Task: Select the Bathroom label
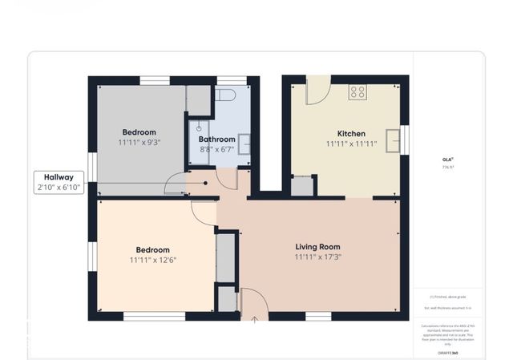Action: click(216, 139)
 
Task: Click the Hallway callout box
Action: click(59, 182)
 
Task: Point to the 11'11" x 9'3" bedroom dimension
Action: click(139, 143)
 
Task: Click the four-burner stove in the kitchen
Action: click(357, 91)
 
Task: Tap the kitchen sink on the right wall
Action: click(393, 140)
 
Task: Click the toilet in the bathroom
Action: click(225, 95)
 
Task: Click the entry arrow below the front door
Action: click(255, 319)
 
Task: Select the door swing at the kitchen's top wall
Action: click(317, 89)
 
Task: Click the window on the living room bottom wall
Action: click(318, 316)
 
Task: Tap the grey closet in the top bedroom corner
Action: click(198, 99)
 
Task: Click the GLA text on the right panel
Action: click(447, 159)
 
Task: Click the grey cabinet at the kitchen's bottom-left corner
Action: click(301, 186)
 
